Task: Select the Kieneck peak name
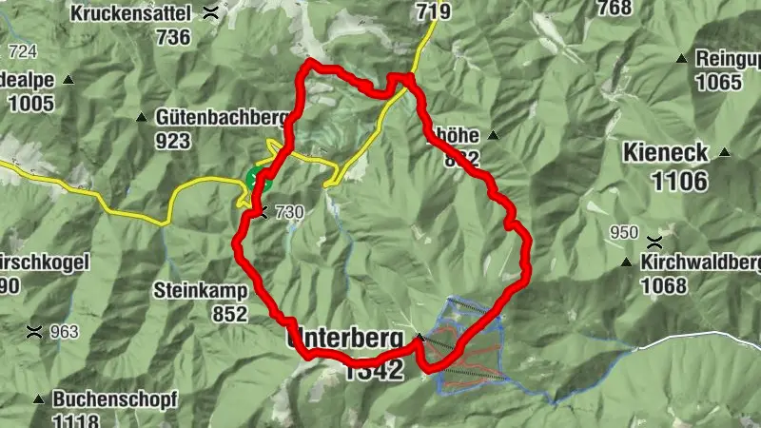[665, 151]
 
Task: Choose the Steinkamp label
[200, 289]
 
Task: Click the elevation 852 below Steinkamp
[228, 313]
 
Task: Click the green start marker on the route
[256, 178]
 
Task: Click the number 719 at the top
[433, 10]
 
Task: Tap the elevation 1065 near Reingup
[717, 82]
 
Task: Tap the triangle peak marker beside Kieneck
[725, 152]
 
